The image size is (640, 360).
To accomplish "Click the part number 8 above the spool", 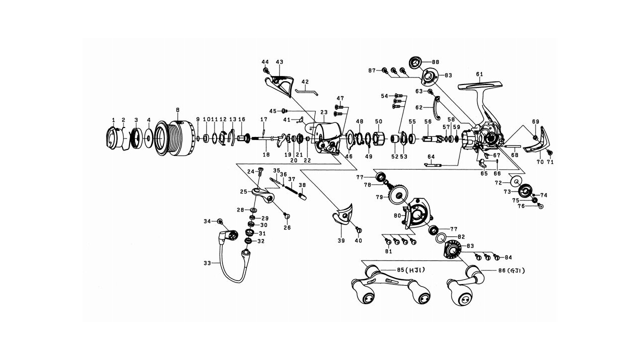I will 177,109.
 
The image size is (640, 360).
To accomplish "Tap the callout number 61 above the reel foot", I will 479,74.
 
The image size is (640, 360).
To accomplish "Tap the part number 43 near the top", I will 279,62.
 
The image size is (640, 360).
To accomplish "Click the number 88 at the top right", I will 435,62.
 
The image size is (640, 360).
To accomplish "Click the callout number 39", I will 341,240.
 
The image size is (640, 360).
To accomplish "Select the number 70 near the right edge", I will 539,162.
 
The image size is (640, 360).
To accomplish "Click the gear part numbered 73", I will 524,190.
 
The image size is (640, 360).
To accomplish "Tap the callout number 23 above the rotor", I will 323,112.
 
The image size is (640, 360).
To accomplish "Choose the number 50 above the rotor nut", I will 378,121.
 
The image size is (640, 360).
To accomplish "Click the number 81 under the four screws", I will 388,251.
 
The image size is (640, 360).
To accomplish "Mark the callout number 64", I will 430,156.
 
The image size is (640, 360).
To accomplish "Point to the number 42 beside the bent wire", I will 305,81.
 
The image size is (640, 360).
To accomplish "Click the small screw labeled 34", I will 219,221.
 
